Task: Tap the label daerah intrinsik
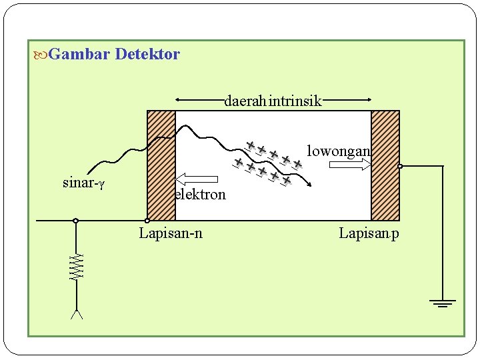(x=273, y=102)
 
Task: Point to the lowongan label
(x=338, y=151)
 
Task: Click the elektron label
(x=200, y=195)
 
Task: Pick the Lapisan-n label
(x=171, y=233)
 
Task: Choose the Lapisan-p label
(x=369, y=233)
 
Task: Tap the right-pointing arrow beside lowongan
(x=351, y=164)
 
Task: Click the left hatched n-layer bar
(x=161, y=165)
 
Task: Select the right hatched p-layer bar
(x=385, y=165)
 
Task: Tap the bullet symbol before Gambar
(x=39, y=54)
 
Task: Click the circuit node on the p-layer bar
(x=400, y=166)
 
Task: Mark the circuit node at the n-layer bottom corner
(x=147, y=221)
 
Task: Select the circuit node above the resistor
(x=76, y=221)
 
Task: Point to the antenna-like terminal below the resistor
(x=77, y=314)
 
